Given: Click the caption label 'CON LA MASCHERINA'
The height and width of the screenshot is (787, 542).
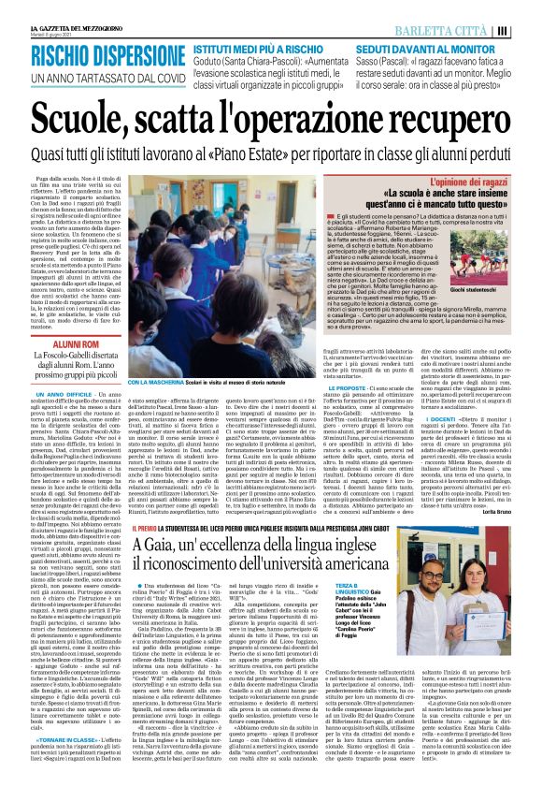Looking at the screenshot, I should (150, 382).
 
